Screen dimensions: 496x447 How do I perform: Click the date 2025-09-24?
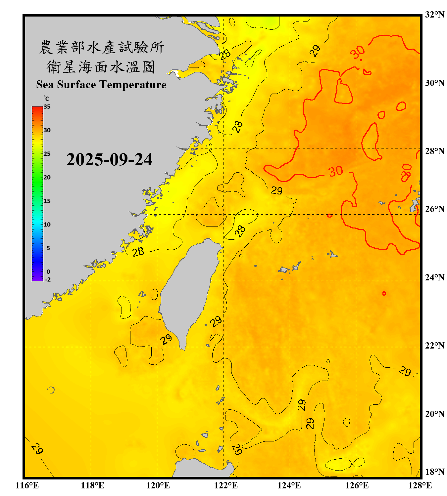(x=109, y=160)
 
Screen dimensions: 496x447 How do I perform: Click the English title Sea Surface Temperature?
(x=101, y=85)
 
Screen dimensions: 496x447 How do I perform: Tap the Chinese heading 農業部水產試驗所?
(x=101, y=47)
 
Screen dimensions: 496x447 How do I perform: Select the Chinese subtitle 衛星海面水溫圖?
(x=101, y=67)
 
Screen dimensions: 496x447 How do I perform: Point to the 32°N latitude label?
(x=434, y=15)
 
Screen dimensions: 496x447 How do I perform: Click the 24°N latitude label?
(x=434, y=277)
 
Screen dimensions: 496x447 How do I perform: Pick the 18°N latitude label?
(x=434, y=472)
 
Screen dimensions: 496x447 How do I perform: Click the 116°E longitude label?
(x=27, y=485)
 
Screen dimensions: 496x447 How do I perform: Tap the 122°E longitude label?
(x=226, y=485)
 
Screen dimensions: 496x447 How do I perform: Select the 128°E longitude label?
(x=420, y=485)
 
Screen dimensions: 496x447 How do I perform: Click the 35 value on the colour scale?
(x=47, y=107)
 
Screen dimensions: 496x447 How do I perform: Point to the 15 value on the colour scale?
(x=47, y=201)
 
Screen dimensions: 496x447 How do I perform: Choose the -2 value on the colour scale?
(x=48, y=280)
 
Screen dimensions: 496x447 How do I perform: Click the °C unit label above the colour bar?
(x=46, y=99)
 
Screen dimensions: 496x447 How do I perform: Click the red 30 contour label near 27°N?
(x=335, y=171)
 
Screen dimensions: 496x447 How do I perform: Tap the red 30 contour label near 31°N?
(x=358, y=52)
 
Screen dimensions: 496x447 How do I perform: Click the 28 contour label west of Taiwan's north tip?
(x=138, y=252)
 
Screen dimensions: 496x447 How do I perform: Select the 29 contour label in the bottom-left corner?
(x=37, y=449)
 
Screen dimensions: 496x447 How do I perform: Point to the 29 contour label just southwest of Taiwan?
(x=166, y=339)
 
